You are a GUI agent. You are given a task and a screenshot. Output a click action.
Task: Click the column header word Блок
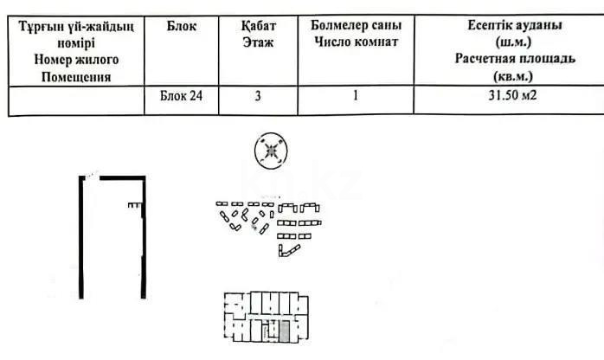[182, 26]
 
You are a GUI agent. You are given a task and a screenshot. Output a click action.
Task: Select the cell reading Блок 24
[181, 96]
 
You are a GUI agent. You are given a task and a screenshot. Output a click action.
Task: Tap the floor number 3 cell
[258, 95]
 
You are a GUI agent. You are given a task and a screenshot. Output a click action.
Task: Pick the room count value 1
[355, 95]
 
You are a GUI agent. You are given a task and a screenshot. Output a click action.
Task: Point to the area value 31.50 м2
[512, 94]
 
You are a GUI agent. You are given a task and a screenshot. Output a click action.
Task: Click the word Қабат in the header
[259, 26]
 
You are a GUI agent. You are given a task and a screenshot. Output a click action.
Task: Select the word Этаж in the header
[258, 42]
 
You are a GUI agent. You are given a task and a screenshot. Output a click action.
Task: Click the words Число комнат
[356, 42]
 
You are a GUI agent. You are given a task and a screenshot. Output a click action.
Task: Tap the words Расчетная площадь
[515, 59]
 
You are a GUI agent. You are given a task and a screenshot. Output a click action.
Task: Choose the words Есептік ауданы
[515, 25]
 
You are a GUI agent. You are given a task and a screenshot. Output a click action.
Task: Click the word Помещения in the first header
[76, 77]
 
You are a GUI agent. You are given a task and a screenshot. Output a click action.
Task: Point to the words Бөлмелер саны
[356, 25]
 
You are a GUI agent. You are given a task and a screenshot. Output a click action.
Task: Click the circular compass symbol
[271, 151]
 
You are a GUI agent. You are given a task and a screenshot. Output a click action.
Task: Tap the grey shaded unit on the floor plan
[284, 332]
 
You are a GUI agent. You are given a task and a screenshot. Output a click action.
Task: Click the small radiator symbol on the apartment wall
[135, 205]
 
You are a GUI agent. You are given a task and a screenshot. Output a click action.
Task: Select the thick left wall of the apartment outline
[81, 237]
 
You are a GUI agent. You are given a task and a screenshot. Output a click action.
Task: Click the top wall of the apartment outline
[123, 178]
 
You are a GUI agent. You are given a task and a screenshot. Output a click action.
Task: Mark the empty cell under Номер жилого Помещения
[76, 100]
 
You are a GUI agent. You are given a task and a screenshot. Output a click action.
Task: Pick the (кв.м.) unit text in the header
[513, 76]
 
